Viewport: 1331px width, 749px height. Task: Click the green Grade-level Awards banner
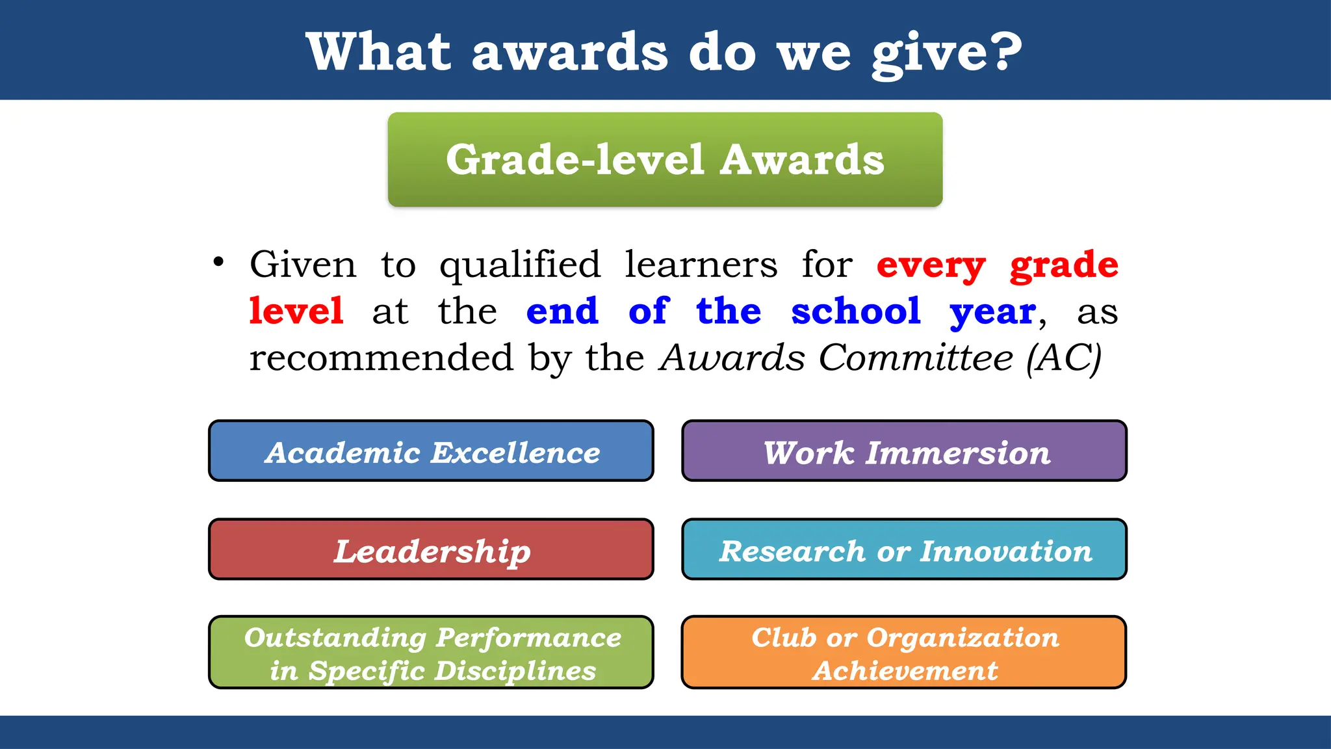(665, 160)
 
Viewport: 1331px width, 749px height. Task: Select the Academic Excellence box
(431, 451)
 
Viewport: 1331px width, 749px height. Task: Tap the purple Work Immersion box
(904, 451)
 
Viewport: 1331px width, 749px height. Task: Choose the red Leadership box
(431, 549)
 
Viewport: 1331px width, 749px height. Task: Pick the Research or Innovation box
(904, 549)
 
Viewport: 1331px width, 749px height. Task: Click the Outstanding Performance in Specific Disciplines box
(431, 652)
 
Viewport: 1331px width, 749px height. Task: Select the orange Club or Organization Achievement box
(904, 652)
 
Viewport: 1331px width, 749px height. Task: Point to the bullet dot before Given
(218, 262)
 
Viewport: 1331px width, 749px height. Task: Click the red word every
(931, 265)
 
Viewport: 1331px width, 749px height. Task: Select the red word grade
(1064, 265)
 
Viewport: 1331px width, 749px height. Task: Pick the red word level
(296, 311)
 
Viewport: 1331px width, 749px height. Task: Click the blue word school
(855, 311)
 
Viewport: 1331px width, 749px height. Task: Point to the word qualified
(520, 265)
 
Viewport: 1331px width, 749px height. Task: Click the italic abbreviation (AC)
(1064, 358)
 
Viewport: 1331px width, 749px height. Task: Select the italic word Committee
(915, 358)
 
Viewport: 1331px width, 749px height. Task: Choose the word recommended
(381, 358)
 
